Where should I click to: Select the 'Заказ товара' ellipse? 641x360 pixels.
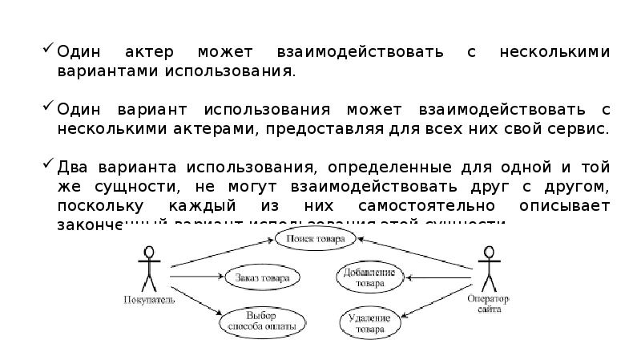point(262,277)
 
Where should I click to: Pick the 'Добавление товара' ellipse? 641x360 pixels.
point(369,277)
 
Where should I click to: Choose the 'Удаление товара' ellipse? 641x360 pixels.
point(369,322)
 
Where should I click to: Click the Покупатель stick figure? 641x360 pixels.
point(146,269)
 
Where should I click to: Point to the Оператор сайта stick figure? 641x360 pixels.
point(488,269)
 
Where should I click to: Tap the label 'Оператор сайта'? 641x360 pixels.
point(489,304)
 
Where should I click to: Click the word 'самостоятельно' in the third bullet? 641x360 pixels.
point(414,206)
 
